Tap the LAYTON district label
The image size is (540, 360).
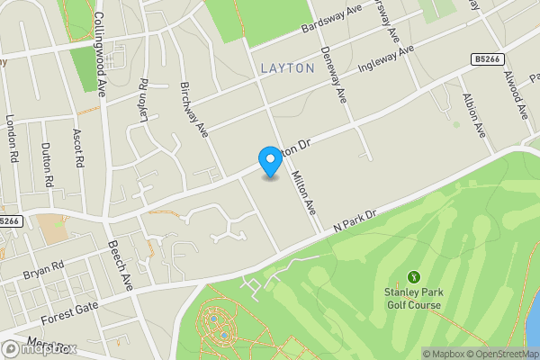point(287,67)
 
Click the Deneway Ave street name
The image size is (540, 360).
point(332,75)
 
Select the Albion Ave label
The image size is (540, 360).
point(473,113)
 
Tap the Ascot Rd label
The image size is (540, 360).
point(78,148)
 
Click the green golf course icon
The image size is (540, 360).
point(414,276)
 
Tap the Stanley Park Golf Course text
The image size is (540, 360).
point(413,299)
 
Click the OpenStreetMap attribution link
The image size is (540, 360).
point(500,353)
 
